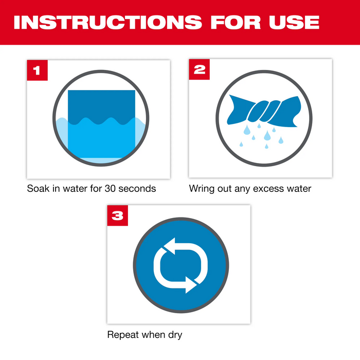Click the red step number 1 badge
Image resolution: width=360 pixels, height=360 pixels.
[37, 70]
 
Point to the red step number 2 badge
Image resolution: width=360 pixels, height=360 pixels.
[199, 70]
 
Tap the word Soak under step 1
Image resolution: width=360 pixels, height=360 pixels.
[38, 189]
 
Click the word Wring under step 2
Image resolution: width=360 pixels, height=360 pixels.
[202, 189]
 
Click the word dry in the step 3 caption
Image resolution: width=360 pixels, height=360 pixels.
[174, 335]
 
